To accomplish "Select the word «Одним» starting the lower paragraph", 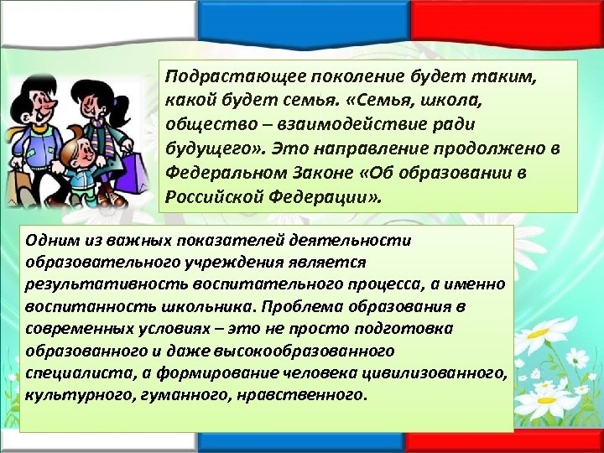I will [49, 241].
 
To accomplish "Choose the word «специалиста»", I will [67, 372].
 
